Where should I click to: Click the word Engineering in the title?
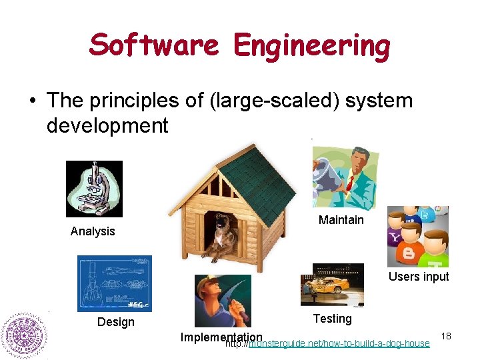pyautogui.click(x=311, y=46)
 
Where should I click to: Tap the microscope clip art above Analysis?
pyautogui.click(x=94, y=189)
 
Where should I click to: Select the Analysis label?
pyautogui.click(x=93, y=231)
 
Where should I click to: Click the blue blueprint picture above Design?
pyautogui.click(x=114, y=283)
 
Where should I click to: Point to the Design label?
pyautogui.click(x=115, y=322)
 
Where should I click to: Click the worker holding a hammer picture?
pyautogui.click(x=223, y=301)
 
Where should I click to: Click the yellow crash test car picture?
pyautogui.click(x=332, y=285)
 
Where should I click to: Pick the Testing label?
pyautogui.click(x=332, y=319)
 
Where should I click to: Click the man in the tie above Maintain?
pyautogui.click(x=345, y=177)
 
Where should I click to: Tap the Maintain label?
pyautogui.click(x=341, y=220)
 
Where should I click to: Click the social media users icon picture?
pyautogui.click(x=417, y=236)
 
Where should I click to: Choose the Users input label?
pyautogui.click(x=419, y=277)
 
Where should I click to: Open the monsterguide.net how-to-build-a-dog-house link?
pyautogui.click(x=339, y=343)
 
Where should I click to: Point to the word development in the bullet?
pyautogui.click(x=107, y=125)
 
